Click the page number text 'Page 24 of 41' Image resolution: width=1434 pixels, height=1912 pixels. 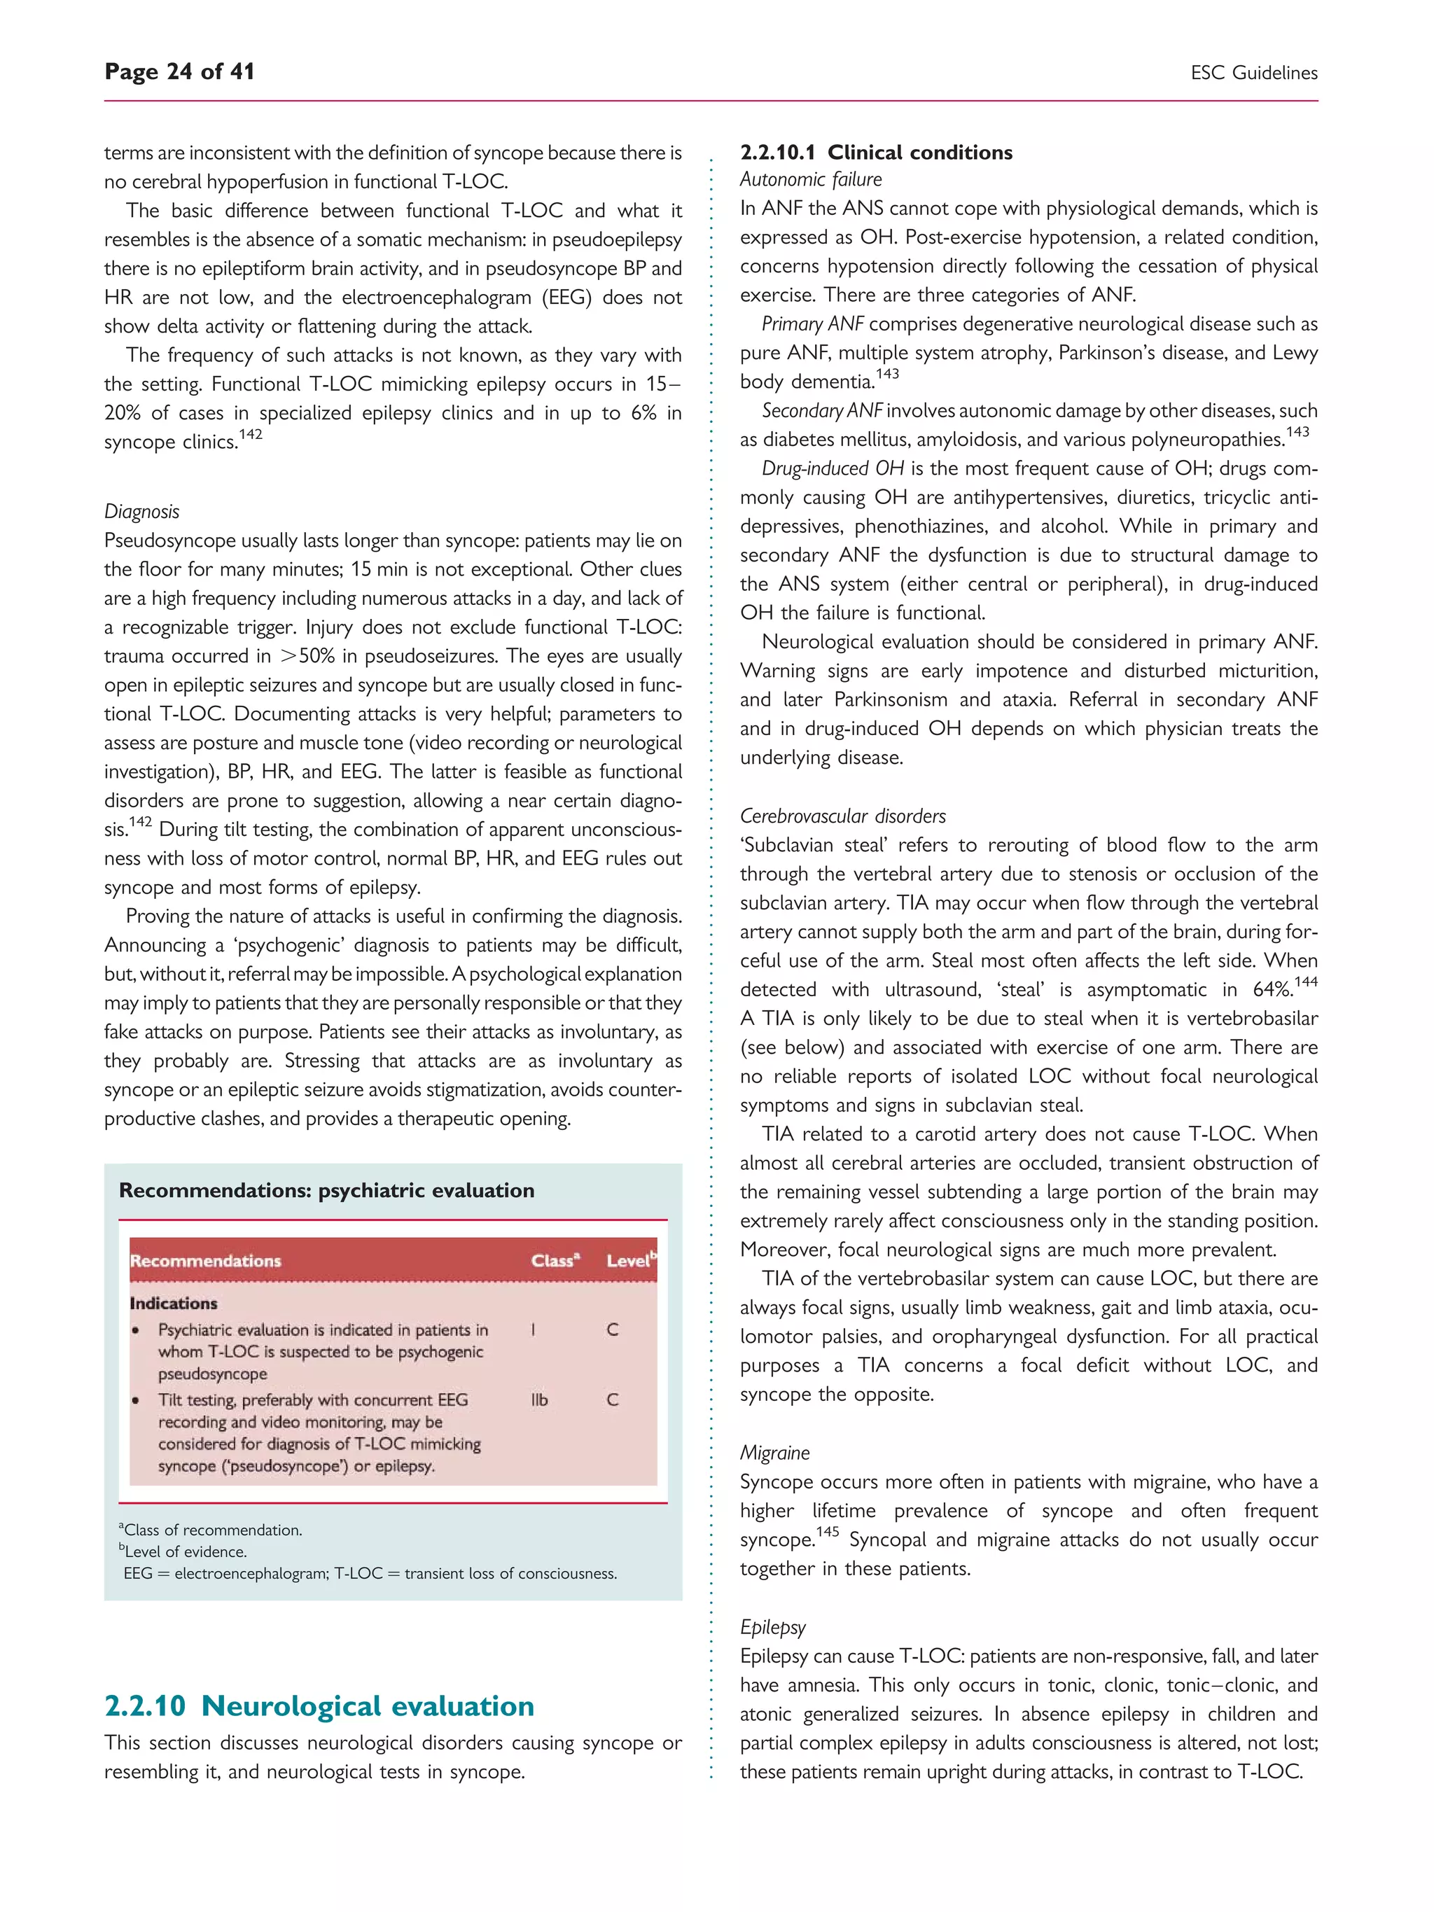point(179,71)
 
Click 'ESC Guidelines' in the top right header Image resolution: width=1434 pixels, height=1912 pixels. point(1253,74)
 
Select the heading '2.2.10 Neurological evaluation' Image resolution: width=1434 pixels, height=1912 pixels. point(319,1705)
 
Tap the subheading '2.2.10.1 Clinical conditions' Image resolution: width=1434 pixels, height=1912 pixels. point(876,152)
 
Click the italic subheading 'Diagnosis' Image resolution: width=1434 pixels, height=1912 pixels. point(141,512)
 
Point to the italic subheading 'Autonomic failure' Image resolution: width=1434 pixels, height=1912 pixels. point(811,180)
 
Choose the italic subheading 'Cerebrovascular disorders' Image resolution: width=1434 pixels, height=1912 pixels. point(843,816)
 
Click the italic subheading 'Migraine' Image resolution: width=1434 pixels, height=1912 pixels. point(774,1453)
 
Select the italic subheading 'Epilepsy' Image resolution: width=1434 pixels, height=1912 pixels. point(773,1627)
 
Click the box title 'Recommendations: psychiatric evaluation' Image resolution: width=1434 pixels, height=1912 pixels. point(327,1190)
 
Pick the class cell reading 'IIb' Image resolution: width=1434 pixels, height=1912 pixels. point(539,1400)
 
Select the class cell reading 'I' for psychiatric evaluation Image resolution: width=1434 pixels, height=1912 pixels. point(534,1330)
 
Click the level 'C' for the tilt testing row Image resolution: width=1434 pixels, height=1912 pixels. point(612,1400)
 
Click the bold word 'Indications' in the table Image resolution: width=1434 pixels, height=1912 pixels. point(173,1303)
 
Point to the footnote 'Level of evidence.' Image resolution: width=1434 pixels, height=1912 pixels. point(185,1551)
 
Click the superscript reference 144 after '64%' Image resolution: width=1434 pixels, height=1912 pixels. point(1305,981)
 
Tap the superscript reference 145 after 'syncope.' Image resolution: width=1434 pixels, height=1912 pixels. point(827,1532)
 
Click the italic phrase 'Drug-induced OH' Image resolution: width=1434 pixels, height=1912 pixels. point(833,468)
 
